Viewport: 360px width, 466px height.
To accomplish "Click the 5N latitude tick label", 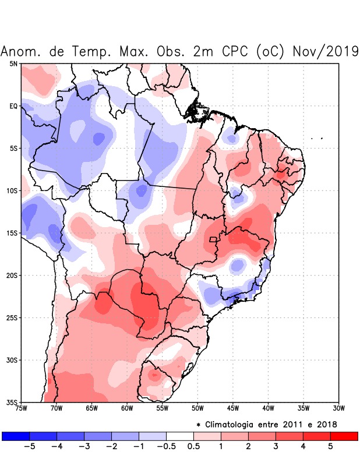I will [13, 63].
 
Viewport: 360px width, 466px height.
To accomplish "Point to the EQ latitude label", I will [13, 106].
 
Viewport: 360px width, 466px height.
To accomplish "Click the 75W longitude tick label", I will [22, 408].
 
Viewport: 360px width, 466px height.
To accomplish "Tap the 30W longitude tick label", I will [338, 408].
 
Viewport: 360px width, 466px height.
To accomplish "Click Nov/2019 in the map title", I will [324, 51].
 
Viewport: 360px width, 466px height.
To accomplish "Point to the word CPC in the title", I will [236, 51].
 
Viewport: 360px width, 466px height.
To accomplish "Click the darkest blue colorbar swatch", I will [16, 436].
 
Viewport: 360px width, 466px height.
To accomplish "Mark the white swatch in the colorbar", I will [180, 436].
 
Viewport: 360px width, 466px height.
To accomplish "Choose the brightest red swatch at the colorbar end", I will [344, 436].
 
